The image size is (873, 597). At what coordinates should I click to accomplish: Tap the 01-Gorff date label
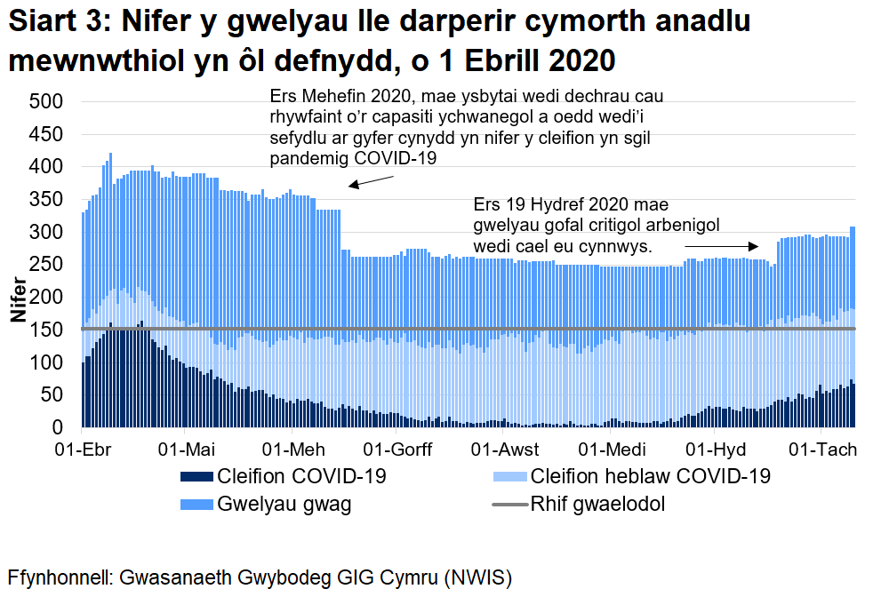[397, 449]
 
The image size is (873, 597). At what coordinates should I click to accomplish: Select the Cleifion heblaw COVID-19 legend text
[649, 476]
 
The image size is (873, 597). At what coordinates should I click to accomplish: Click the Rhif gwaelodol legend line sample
[510, 505]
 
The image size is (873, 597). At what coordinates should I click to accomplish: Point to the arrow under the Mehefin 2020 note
[371, 180]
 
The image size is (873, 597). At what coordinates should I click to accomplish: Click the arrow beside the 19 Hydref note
[721, 245]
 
